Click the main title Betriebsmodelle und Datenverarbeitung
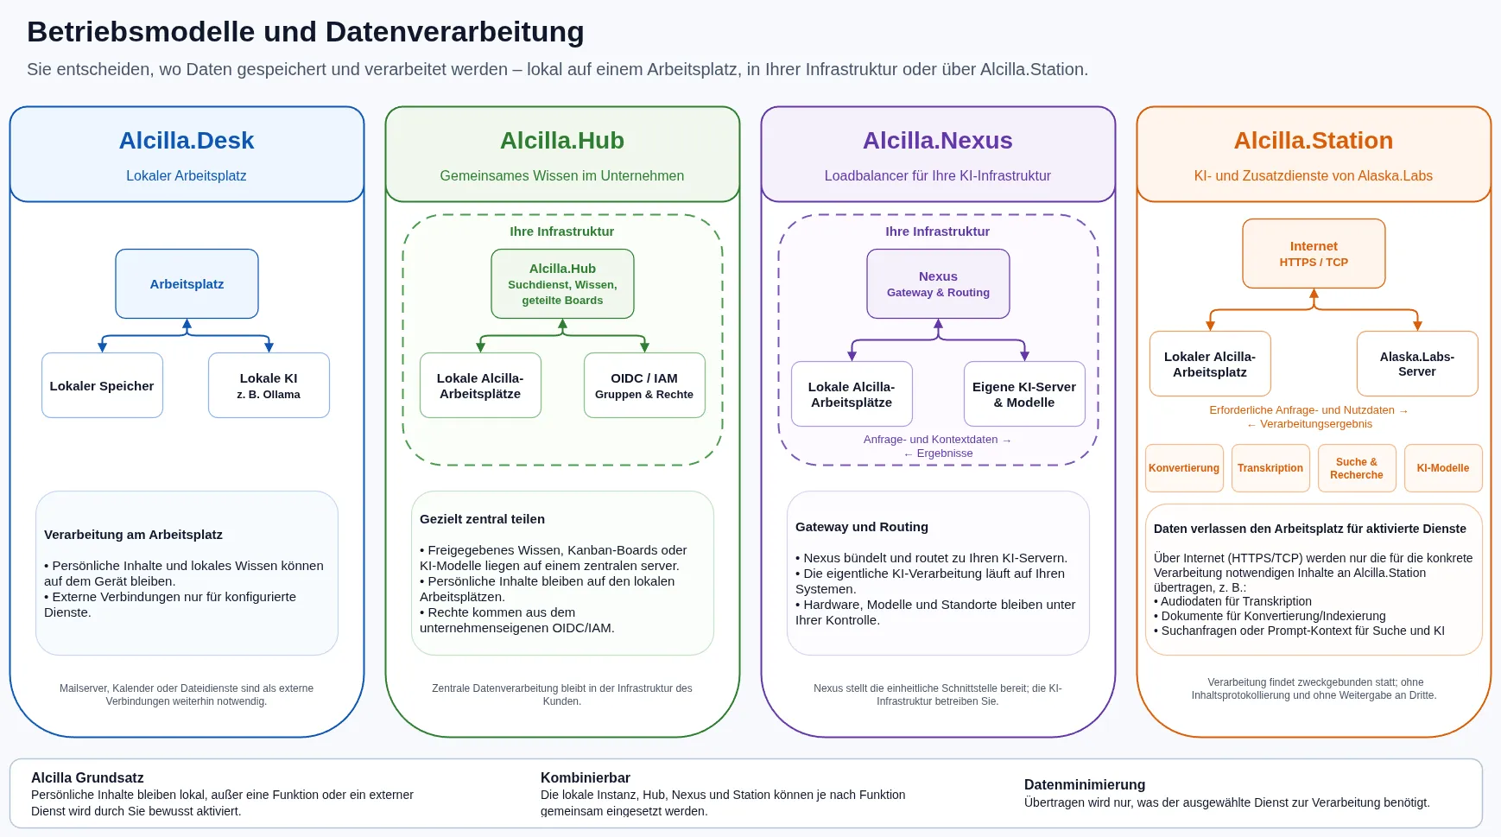(306, 32)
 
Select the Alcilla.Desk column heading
(187, 140)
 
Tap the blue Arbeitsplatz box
(187, 283)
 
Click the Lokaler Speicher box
(102, 385)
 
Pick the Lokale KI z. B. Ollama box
(269, 385)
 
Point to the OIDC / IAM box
(644, 385)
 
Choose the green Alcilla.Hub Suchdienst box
(562, 283)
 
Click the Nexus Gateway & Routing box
(938, 283)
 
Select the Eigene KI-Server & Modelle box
(1024, 394)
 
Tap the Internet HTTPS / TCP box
(1314, 253)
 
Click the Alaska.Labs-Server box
(1417, 364)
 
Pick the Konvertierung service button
(1184, 468)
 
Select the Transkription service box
(1270, 468)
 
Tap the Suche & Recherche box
(1357, 468)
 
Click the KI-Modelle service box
(1443, 468)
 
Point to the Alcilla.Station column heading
(1314, 140)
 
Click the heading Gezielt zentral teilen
(482, 519)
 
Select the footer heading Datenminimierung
(1085, 784)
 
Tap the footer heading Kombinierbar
(586, 777)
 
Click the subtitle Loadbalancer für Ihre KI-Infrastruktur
(938, 175)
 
